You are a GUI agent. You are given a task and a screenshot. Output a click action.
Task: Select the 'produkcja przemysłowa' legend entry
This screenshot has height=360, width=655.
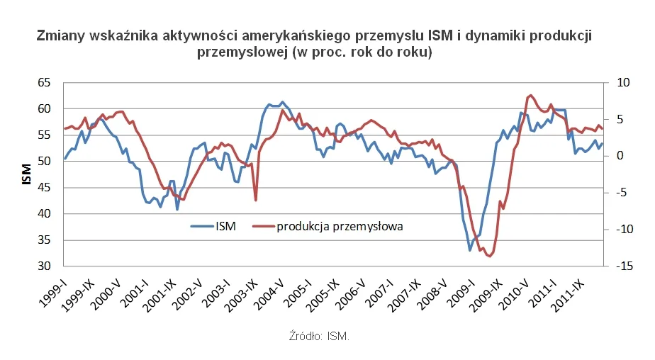click(340, 227)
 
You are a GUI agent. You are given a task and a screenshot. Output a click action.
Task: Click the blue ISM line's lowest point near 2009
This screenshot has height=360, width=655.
click(470, 250)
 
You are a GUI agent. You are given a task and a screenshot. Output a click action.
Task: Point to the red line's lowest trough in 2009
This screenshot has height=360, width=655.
click(489, 256)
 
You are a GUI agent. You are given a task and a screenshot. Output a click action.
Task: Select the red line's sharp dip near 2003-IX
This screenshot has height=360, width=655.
click(256, 200)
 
